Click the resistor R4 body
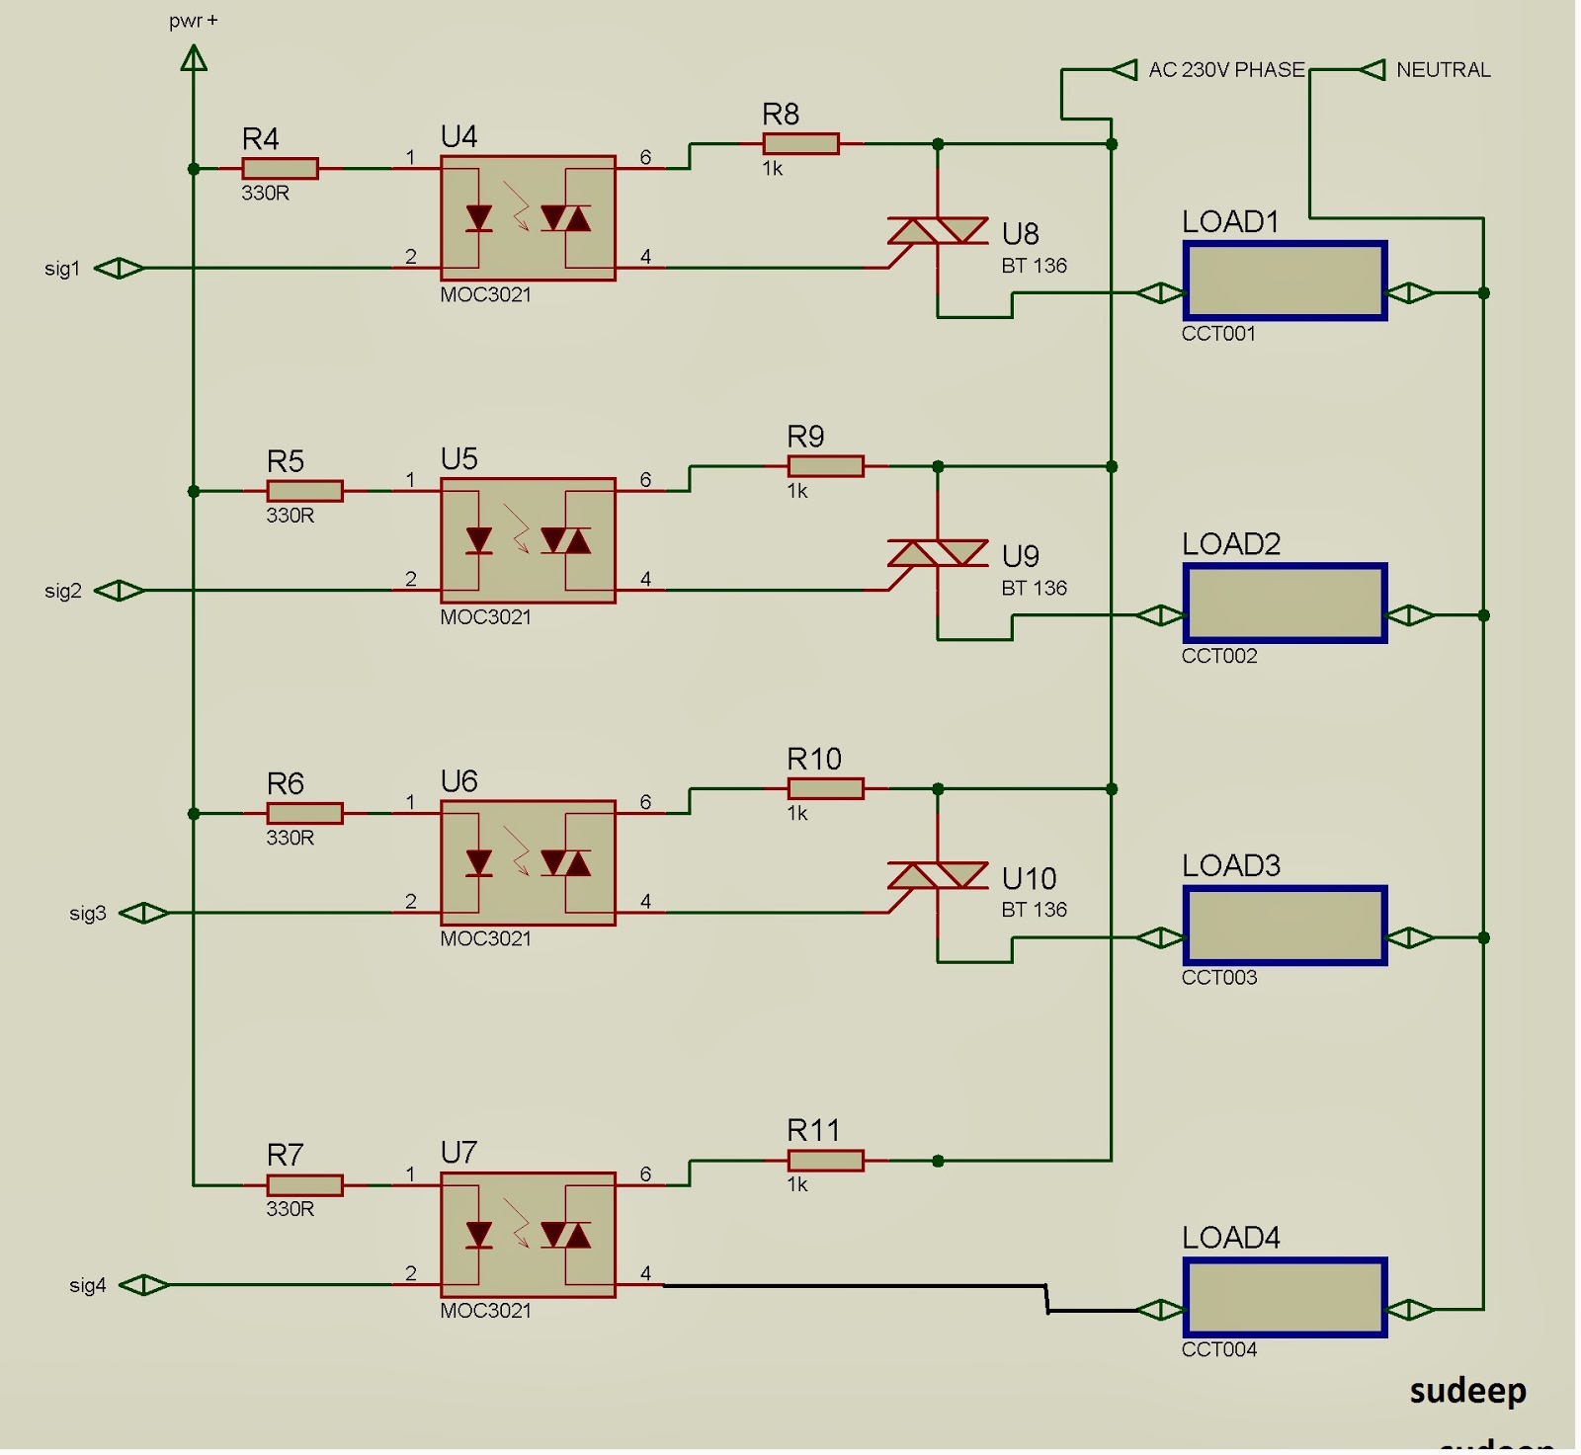pyautogui.click(x=280, y=169)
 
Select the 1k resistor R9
pyautogui.click(x=825, y=466)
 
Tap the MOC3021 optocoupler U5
pyautogui.click(x=528, y=540)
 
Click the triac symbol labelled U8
pyautogui.click(x=937, y=231)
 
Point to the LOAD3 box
pyautogui.click(x=1285, y=926)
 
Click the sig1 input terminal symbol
pyautogui.click(x=120, y=268)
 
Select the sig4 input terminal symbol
pyautogui.click(x=144, y=1285)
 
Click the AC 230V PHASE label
pyautogui.click(x=1225, y=70)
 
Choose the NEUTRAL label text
pyautogui.click(x=1443, y=70)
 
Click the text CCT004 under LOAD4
pyautogui.click(x=1218, y=1349)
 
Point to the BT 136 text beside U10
pyautogui.click(x=1034, y=910)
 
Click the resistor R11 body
pyautogui.click(x=825, y=1161)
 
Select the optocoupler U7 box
pyautogui.click(x=528, y=1235)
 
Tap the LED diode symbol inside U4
pyautogui.click(x=479, y=218)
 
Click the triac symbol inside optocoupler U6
pyautogui.click(x=566, y=863)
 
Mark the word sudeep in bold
pyautogui.click(x=1467, y=1391)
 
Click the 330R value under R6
pyautogui.click(x=290, y=838)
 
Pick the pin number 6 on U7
pyautogui.click(x=645, y=1173)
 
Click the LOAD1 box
pyautogui.click(x=1285, y=282)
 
